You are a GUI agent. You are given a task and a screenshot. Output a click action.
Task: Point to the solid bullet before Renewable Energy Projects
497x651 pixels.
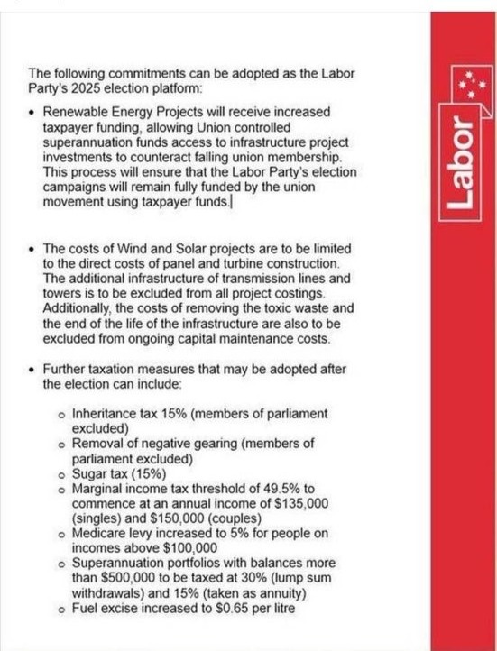tap(32, 112)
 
